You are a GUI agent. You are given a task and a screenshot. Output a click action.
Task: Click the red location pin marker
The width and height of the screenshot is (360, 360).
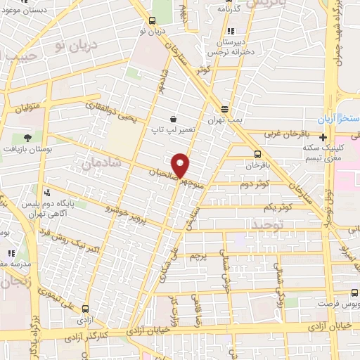pyautogui.click(x=181, y=165)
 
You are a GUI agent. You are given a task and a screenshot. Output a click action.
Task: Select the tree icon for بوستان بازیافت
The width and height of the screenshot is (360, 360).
pyautogui.click(x=27, y=137)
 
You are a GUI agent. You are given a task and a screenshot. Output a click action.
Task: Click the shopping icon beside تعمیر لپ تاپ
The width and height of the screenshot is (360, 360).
pyautogui.click(x=173, y=119)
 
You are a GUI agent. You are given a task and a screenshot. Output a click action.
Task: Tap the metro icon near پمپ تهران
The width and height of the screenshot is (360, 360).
pyautogui.click(x=224, y=109)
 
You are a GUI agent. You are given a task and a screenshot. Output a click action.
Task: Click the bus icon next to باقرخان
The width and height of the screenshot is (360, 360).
pyautogui.click(x=257, y=154)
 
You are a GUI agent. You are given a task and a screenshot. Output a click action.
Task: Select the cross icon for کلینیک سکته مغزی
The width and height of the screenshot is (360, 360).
pyautogui.click(x=323, y=138)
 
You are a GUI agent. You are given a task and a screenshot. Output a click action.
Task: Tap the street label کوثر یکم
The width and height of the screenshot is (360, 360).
pyautogui.click(x=277, y=208)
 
